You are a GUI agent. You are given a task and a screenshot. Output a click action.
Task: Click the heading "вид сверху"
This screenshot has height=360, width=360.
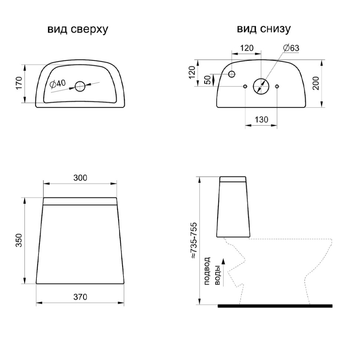(78, 30)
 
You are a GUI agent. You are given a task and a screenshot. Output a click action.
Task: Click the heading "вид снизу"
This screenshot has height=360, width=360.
(264, 29)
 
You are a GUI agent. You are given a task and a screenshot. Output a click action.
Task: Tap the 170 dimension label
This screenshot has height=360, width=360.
(19, 83)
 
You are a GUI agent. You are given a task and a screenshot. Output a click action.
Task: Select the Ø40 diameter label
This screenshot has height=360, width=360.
(58, 84)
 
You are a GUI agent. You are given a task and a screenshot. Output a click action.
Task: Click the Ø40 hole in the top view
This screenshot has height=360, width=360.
(80, 86)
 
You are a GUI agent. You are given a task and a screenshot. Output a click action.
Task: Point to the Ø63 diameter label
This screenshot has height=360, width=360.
(291, 48)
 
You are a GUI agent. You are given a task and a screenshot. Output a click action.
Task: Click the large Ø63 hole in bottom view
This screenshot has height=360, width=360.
(261, 86)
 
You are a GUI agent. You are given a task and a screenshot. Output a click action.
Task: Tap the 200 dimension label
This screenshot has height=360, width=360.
(316, 83)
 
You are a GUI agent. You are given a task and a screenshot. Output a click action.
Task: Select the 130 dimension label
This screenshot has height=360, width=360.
(261, 120)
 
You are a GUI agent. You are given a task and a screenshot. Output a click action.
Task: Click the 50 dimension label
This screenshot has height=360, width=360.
(207, 80)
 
